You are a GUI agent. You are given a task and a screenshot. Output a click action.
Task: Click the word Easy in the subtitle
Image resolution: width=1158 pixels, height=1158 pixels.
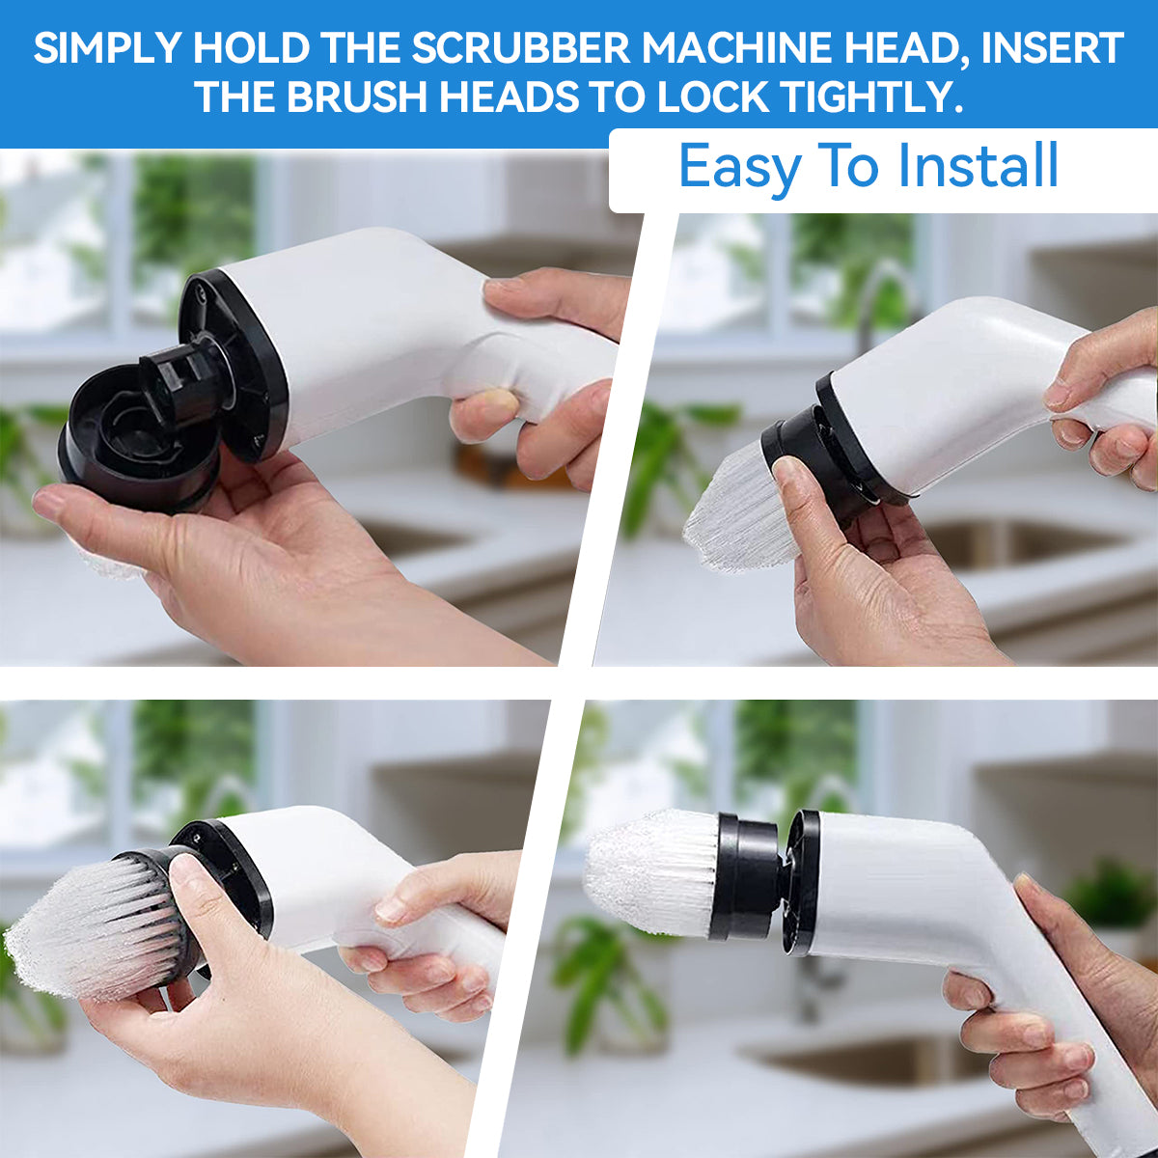[x=739, y=166]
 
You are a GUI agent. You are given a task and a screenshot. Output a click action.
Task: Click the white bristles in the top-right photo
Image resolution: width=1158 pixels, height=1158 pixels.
[x=733, y=511]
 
